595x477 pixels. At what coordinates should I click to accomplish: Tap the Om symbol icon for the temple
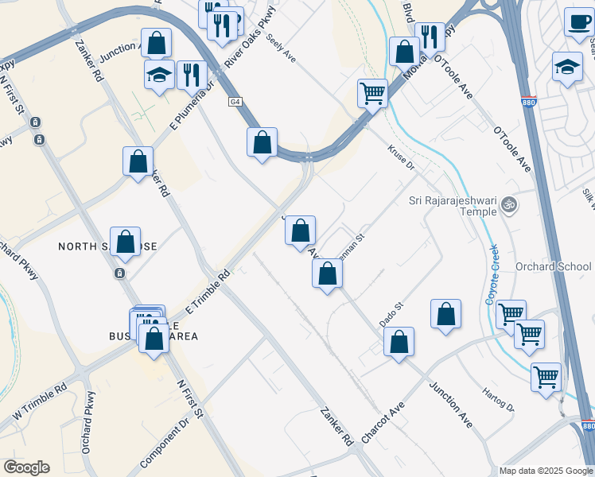click(510, 206)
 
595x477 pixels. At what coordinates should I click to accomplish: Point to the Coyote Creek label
click(493, 273)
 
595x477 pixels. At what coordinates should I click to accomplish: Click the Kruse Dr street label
click(401, 157)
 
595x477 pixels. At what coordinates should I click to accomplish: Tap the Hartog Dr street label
click(498, 400)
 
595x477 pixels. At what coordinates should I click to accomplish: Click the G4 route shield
click(235, 102)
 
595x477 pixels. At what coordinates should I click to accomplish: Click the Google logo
click(26, 467)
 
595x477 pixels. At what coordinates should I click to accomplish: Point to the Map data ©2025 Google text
click(546, 471)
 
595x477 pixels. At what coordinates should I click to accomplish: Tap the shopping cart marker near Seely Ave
click(372, 93)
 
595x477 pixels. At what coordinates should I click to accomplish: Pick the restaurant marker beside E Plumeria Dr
click(192, 76)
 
